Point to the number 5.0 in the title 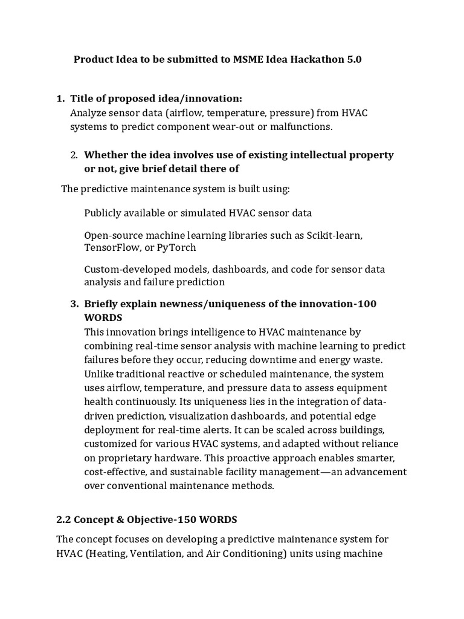353,60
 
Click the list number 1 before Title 59,99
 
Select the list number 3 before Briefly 74,303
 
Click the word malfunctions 302,126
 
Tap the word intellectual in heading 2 294,155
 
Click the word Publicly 103,213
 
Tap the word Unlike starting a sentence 99,374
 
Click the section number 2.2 64,520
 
